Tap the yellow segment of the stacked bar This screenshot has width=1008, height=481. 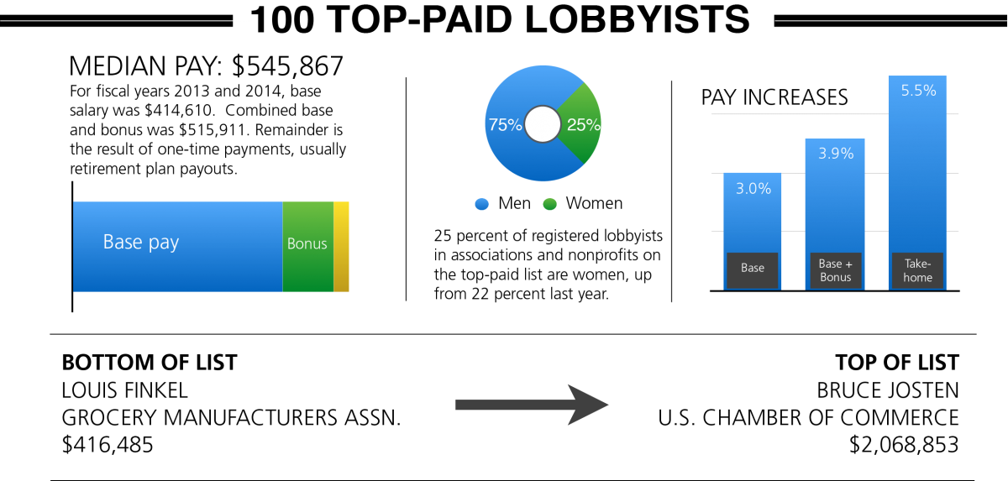coord(341,247)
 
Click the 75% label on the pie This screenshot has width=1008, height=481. coord(505,125)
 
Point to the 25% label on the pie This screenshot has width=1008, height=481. coord(584,125)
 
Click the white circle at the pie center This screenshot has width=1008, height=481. coord(543,124)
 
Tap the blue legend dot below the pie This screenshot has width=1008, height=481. coord(481,204)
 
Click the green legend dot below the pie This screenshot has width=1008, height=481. coord(549,204)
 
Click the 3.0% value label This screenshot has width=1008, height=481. coord(753,189)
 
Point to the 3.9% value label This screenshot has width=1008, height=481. coord(835,154)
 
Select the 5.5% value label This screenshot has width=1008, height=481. coord(918,91)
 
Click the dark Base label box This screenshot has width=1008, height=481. coord(753,269)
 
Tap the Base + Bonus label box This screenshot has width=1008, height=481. coord(835,270)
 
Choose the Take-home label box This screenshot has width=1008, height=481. coord(917,270)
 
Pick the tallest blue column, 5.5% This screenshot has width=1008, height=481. coord(917,168)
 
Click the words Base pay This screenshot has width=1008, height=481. coord(141,243)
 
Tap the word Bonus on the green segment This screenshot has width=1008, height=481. coord(307,243)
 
